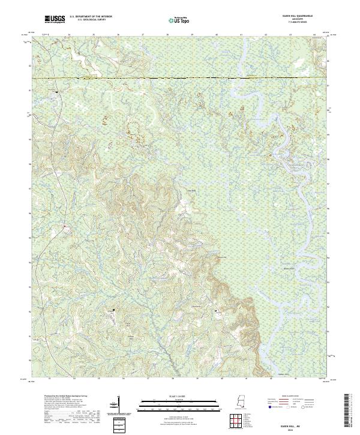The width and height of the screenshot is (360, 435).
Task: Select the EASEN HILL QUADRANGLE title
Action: tap(292, 16)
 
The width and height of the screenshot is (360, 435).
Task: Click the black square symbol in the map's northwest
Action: tap(56, 92)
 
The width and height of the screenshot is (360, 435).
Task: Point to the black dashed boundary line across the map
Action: tap(180, 78)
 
